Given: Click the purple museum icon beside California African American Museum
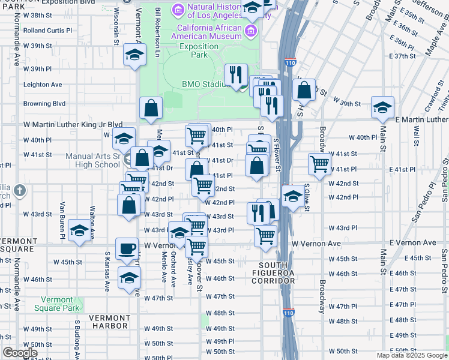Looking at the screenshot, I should click(250, 31).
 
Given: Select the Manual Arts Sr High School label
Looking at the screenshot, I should click(93, 161).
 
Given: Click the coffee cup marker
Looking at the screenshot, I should click(127, 249).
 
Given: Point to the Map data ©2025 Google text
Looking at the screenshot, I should click(411, 355).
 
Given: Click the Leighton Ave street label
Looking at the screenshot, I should click(43, 85).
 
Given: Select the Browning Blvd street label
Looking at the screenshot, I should click(44, 103).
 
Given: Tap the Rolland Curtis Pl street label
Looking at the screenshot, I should click(47, 29).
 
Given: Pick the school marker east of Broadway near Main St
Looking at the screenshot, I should click(382, 107).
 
